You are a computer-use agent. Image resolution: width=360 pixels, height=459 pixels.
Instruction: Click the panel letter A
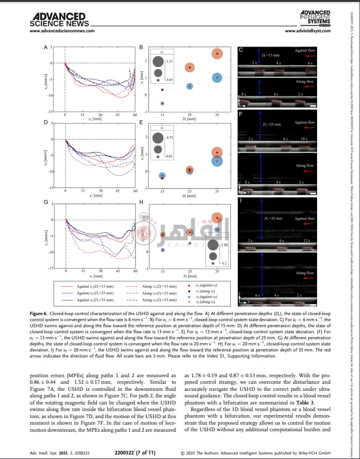(46, 48)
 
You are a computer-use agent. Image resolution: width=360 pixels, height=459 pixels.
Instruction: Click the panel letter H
(141, 202)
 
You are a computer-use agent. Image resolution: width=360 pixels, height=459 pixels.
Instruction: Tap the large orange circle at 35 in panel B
(217, 54)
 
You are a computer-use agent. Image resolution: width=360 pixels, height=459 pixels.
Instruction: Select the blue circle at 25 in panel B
(190, 86)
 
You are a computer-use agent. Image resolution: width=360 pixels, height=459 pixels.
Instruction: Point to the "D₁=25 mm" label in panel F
(272, 124)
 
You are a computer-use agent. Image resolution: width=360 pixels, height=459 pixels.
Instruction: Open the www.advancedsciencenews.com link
(62, 31)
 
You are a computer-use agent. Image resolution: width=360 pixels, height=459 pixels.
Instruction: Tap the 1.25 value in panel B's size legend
(170, 61)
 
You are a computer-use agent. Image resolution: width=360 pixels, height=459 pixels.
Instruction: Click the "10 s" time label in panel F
(303, 138)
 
